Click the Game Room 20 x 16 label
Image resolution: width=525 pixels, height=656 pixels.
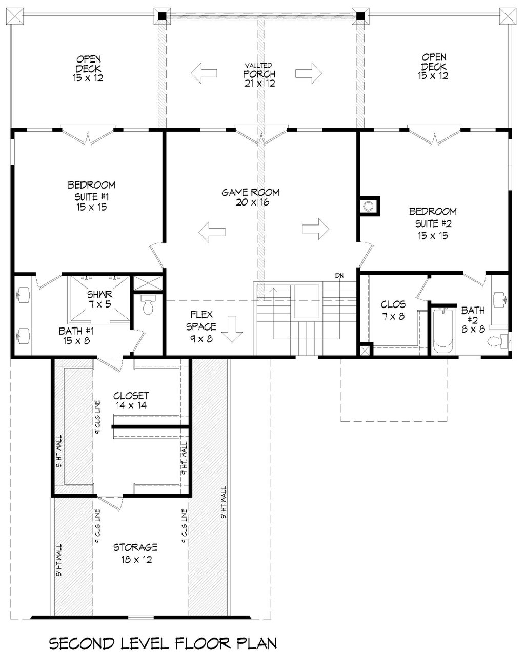(250, 197)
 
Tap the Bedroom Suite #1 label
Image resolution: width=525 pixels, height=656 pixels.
(91, 196)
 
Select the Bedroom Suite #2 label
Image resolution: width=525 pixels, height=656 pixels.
(432, 223)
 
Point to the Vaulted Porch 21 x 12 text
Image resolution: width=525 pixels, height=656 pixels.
(259, 75)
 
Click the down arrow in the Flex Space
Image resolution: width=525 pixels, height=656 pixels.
(233, 329)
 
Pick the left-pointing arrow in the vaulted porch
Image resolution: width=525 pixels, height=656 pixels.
(204, 73)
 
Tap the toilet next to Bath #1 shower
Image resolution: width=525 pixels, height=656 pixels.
(148, 306)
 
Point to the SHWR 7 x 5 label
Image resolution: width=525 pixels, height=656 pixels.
(99, 300)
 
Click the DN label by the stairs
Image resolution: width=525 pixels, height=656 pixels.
(339, 276)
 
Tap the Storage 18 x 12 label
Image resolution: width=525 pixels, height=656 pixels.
(135, 553)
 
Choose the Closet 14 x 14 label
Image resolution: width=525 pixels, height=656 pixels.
(131, 400)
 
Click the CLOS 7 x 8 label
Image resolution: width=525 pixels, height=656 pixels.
(393, 311)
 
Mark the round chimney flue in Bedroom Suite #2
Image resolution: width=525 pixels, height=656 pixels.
(368, 206)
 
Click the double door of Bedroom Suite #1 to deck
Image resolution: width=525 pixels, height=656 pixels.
(88, 135)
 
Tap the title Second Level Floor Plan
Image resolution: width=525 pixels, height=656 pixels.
(163, 643)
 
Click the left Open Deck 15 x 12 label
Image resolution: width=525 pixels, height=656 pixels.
(88, 68)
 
